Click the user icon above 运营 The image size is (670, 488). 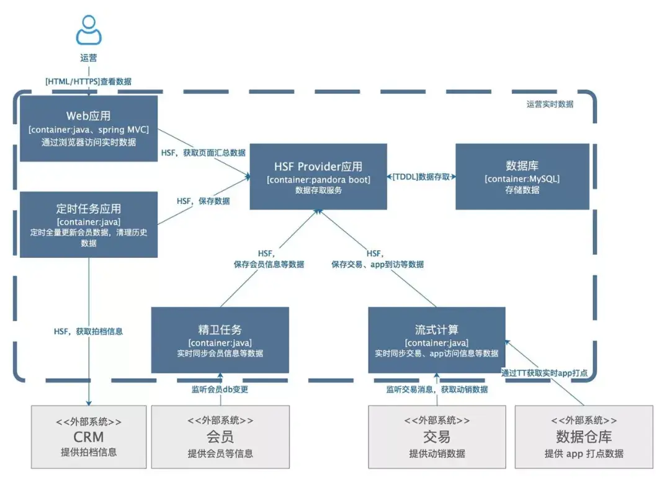[89, 30]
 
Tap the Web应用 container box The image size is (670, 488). [88, 129]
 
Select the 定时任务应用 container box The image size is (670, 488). [88, 224]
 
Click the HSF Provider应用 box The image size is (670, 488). [318, 177]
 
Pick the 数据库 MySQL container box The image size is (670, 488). [522, 177]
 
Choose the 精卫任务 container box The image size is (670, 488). [220, 340]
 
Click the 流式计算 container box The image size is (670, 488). [436, 340]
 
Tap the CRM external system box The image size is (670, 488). [88, 437]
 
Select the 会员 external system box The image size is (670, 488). [220, 437]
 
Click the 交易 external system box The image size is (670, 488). [436, 437]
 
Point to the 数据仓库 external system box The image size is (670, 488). [584, 437]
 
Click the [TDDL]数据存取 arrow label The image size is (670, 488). [421, 177]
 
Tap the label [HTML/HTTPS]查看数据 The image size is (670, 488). [88, 81]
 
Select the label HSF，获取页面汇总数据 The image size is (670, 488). [203, 153]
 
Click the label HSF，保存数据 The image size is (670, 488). [203, 201]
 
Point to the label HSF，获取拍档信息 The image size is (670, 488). [88, 331]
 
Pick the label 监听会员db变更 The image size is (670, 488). [220, 389]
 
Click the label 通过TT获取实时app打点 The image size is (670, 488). [544, 373]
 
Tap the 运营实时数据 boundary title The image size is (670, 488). [545, 104]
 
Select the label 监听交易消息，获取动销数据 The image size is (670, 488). [436, 389]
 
